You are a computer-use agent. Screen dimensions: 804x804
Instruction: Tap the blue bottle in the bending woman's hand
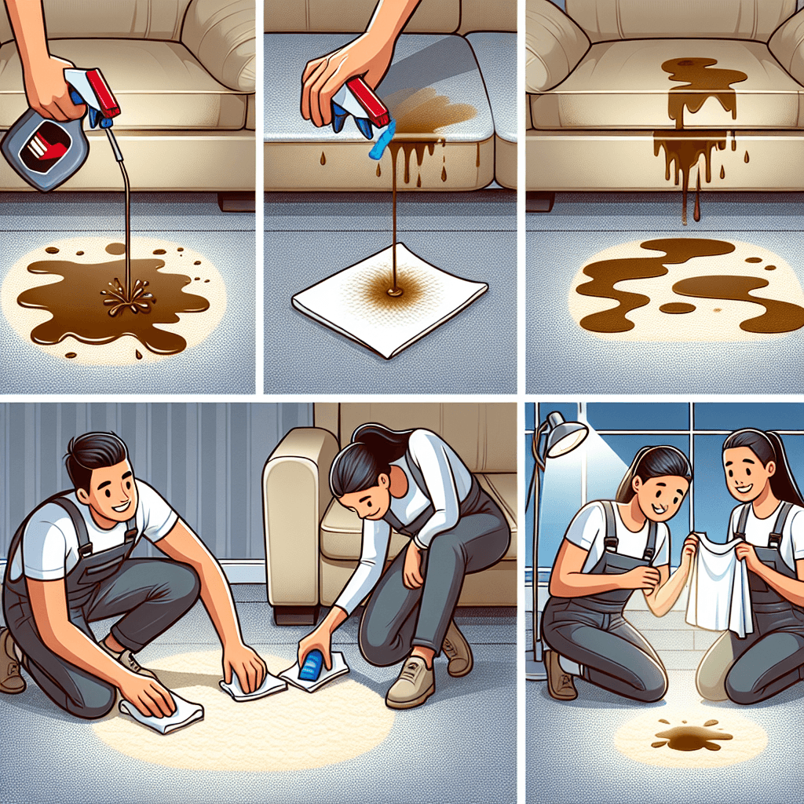[x=312, y=663]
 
